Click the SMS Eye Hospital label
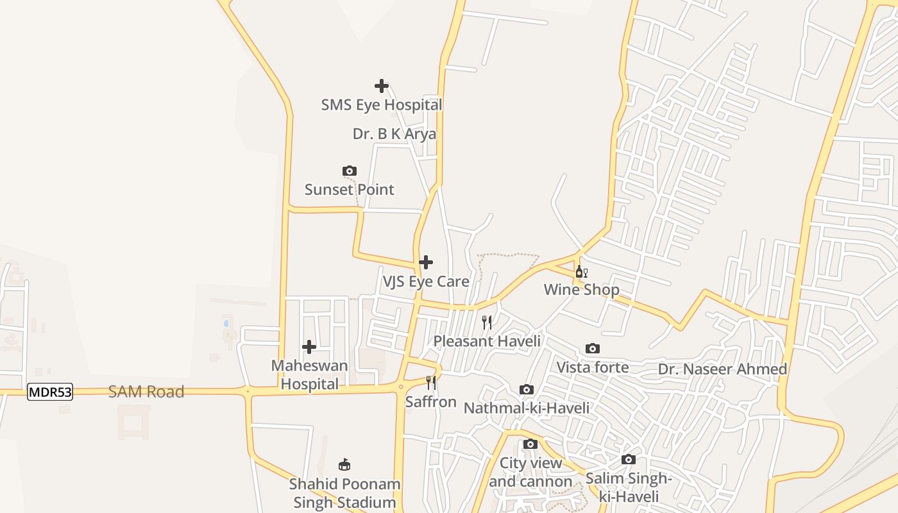point(382,105)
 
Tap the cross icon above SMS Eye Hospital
point(382,86)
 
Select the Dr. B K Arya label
point(394,134)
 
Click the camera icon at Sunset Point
point(350,171)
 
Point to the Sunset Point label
point(349,190)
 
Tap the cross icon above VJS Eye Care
point(426,262)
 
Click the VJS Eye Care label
point(426,282)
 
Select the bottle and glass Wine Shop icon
point(581,272)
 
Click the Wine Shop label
point(581,290)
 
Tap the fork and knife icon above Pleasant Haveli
point(487,322)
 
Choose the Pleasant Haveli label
point(487,341)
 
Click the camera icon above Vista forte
point(593,349)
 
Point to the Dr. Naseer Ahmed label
point(722,369)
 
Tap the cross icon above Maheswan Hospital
point(309,347)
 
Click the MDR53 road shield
point(50,392)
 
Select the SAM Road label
point(146,392)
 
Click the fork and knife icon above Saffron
point(431,383)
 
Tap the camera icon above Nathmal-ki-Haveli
point(527,390)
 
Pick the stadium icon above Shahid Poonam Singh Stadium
point(344,464)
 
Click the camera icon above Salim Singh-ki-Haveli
point(629,460)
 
